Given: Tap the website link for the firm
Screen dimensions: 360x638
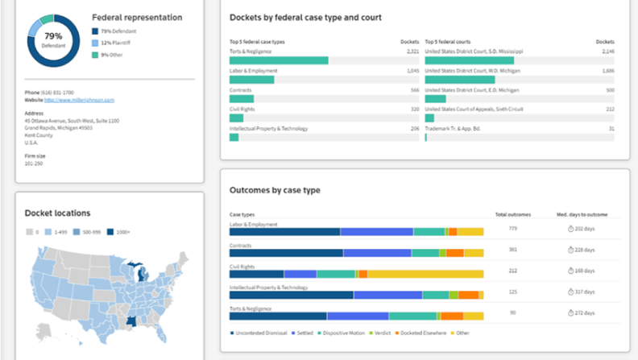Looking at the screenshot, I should click(79, 101).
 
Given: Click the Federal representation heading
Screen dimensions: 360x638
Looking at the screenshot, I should click(137, 17).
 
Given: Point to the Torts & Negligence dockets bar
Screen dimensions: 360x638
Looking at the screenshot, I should click(279, 60).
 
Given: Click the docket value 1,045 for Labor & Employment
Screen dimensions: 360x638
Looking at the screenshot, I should click(412, 70).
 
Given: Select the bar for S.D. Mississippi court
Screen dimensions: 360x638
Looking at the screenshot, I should click(469, 60).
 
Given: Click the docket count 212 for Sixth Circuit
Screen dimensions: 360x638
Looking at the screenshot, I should click(610, 109).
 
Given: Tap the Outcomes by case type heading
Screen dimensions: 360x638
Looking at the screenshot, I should click(275, 190).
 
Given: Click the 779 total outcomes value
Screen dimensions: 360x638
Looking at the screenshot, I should click(513, 229).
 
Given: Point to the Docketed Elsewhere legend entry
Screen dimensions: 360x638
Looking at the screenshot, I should click(420, 333).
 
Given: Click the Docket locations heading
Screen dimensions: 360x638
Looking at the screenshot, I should click(57, 213).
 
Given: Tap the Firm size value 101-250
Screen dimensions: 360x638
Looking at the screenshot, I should click(34, 163).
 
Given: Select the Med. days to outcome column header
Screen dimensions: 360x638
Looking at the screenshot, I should click(587, 214).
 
